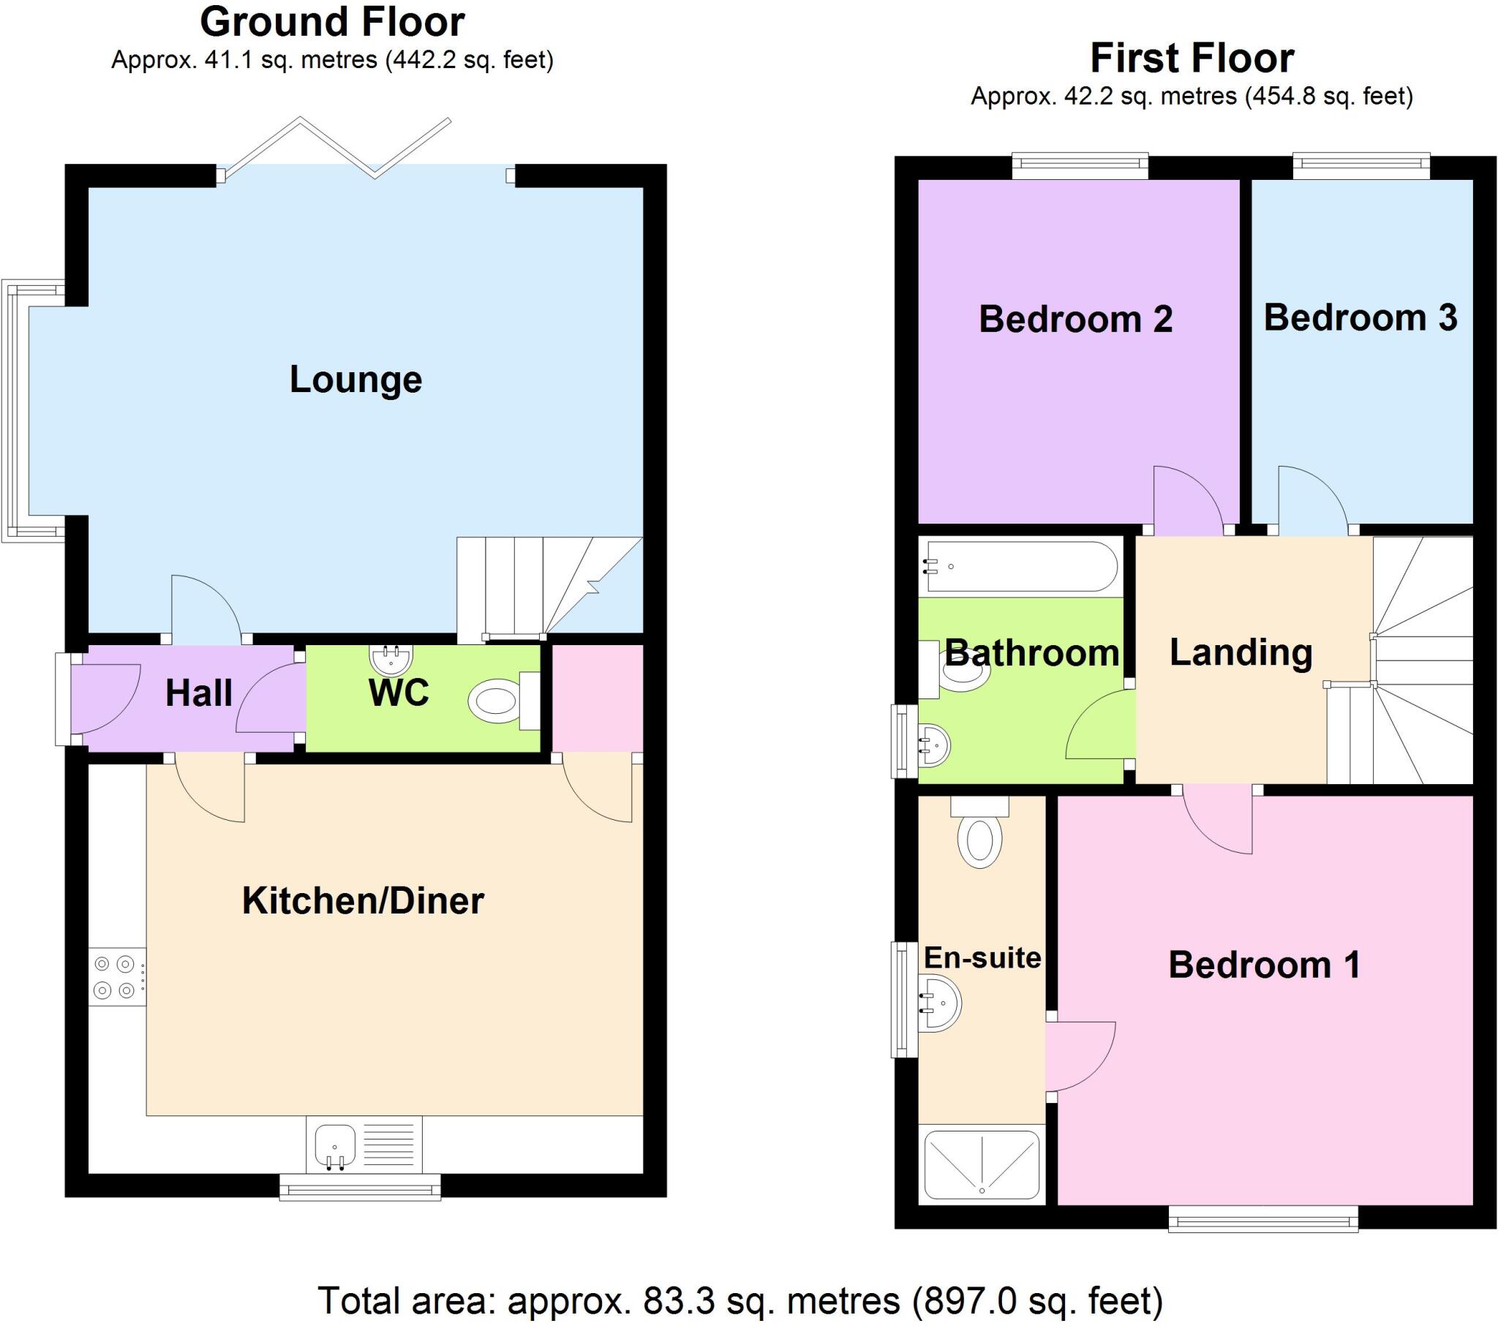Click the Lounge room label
click(x=355, y=380)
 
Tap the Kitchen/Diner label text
click(x=363, y=901)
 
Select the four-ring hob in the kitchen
click(x=116, y=977)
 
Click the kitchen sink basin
click(x=335, y=1144)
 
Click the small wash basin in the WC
click(x=391, y=659)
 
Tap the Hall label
click(x=199, y=693)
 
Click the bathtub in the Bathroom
click(x=1022, y=566)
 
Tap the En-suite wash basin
click(x=941, y=1003)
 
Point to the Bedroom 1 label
click(x=1264, y=965)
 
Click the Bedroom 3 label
click(x=1360, y=317)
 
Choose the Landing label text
click(x=1241, y=652)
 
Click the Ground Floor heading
click(x=332, y=22)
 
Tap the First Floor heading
click(x=1192, y=58)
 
